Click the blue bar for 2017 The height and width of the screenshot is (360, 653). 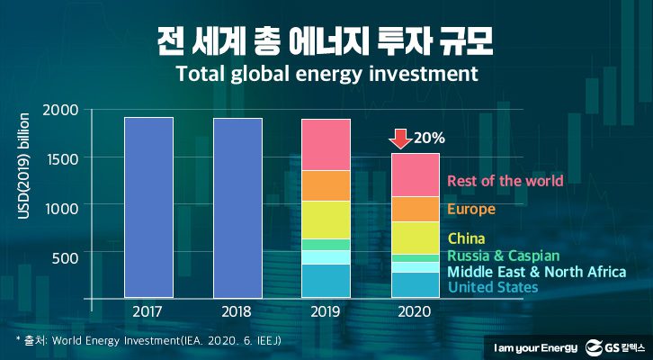148,207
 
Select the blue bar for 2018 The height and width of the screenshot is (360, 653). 237,207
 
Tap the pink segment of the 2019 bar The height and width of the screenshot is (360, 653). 326,144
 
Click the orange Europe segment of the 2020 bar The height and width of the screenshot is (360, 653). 415,209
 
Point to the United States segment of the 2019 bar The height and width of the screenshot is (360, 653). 326,280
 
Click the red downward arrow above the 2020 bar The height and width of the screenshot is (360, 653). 400,139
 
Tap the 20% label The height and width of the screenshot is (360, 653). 430,139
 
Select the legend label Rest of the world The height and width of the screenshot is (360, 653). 505,181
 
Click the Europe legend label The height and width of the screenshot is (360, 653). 471,210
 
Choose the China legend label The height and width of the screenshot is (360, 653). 466,238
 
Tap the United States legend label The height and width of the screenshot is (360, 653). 492,287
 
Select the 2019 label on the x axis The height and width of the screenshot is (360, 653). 326,311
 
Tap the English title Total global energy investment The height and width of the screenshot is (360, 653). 326,72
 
